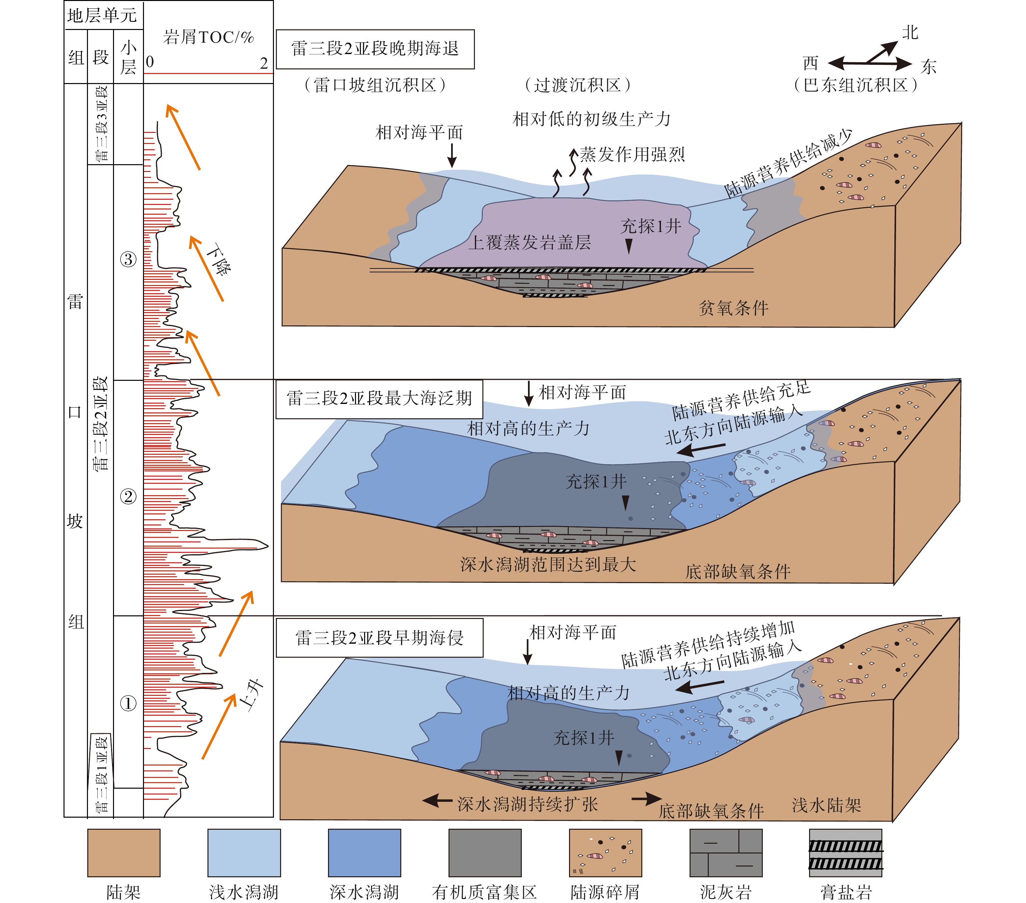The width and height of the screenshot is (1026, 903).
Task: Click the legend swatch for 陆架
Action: (x=123, y=852)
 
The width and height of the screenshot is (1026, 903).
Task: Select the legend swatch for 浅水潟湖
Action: (x=244, y=852)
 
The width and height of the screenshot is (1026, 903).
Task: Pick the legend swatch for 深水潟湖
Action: (x=364, y=852)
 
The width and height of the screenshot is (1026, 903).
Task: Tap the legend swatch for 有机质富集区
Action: (x=485, y=852)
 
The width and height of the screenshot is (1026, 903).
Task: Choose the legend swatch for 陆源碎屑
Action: (x=606, y=852)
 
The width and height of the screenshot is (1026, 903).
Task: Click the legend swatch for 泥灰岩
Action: (x=726, y=852)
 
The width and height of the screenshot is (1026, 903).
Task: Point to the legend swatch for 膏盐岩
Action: (x=846, y=852)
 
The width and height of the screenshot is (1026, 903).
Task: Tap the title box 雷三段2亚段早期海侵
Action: (x=379, y=638)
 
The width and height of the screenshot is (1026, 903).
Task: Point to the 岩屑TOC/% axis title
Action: (x=208, y=37)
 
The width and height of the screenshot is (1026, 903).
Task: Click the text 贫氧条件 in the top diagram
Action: (x=734, y=308)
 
